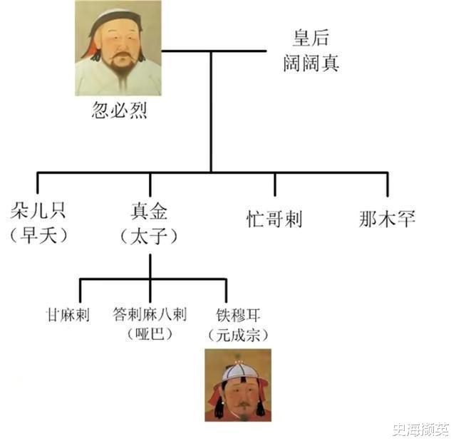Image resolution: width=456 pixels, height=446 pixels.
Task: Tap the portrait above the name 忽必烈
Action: (x=118, y=48)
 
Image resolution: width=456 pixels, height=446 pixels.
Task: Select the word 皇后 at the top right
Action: (x=311, y=38)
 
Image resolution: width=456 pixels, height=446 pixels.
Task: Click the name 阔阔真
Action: (x=311, y=63)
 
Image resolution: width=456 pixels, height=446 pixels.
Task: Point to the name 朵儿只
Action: (x=38, y=211)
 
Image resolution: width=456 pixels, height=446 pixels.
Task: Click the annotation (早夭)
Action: (x=38, y=235)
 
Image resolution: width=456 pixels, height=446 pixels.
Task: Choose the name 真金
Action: (x=150, y=211)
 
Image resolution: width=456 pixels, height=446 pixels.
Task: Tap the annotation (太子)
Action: (x=150, y=235)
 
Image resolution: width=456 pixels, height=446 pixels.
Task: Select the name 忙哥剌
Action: (x=274, y=218)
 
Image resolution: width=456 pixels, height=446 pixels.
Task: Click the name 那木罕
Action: (x=388, y=218)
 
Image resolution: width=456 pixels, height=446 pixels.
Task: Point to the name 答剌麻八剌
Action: (x=150, y=313)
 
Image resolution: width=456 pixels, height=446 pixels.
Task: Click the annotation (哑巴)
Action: (x=150, y=333)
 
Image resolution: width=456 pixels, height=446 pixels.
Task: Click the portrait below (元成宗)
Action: (x=238, y=385)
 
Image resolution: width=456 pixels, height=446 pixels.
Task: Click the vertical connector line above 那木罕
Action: (x=388, y=185)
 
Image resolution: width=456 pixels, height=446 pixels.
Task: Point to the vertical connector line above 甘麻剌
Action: (x=79, y=290)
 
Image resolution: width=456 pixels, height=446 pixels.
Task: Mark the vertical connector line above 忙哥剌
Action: (x=274, y=185)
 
